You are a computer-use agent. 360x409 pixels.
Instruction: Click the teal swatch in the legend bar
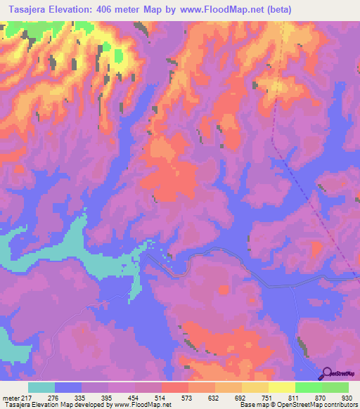point(41,387)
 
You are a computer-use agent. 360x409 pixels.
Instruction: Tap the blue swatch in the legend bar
point(68,387)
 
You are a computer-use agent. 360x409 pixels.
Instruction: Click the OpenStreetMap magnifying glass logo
point(327,374)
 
